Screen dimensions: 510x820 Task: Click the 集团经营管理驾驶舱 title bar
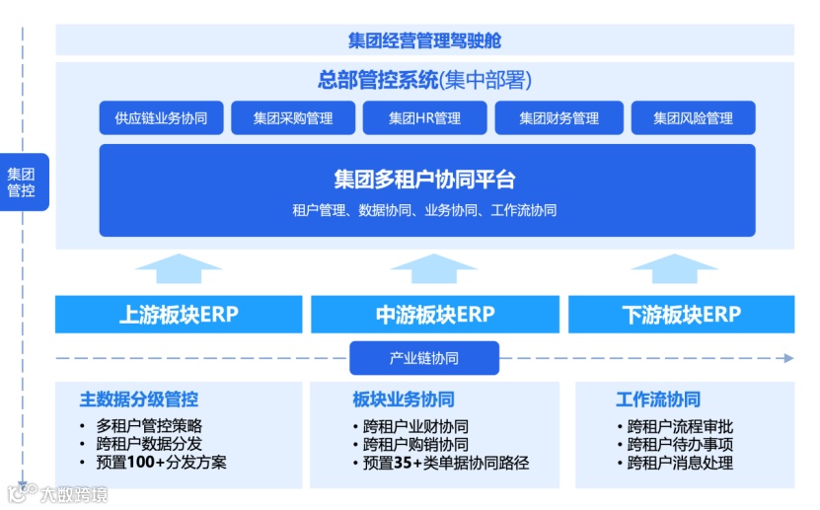pos(424,40)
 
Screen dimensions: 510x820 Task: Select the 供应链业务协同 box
pos(161,117)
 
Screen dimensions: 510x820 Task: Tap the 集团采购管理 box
pos(293,117)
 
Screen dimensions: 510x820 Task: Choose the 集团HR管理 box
pos(424,117)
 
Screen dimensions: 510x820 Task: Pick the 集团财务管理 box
pos(559,117)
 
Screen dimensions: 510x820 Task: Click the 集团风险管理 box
pos(693,117)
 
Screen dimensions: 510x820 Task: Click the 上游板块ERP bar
pos(179,315)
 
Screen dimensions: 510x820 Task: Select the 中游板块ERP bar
pos(434,315)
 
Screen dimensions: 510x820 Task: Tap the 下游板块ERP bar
pos(681,315)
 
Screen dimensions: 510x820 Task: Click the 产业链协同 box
pos(424,358)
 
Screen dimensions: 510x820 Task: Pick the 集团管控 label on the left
pos(22,182)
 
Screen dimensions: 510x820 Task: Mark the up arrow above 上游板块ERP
pos(179,268)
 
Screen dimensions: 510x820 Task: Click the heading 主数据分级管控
pos(139,400)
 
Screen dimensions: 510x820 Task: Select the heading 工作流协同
pos(658,400)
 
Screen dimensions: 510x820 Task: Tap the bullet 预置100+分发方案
pos(162,462)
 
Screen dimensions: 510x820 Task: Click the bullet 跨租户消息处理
pos(680,462)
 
